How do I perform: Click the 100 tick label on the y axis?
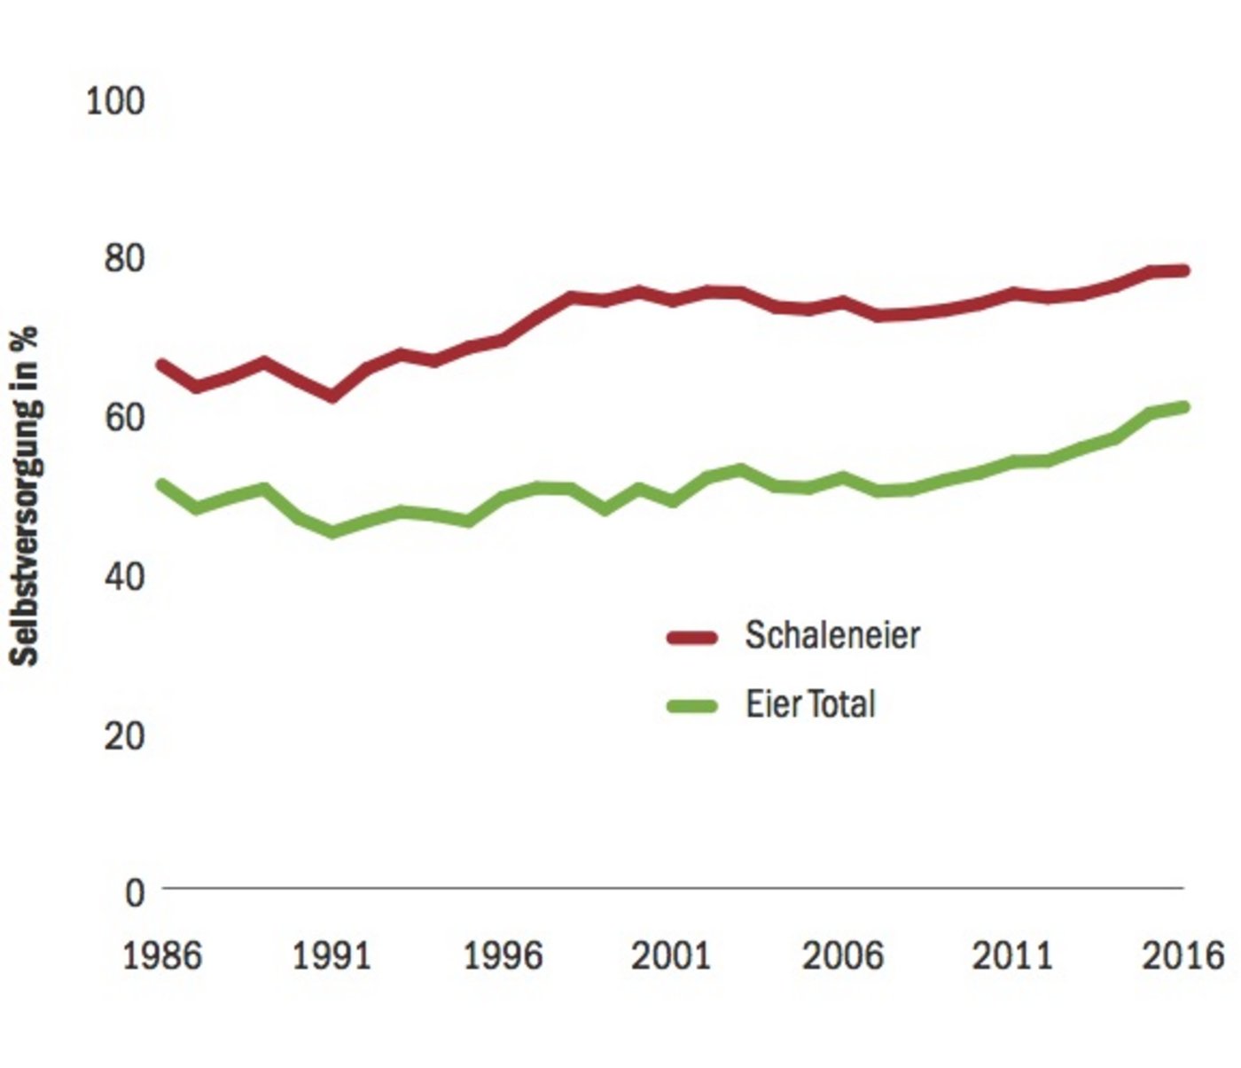[114, 100]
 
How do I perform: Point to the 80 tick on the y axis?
[124, 259]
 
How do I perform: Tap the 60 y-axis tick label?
[124, 417]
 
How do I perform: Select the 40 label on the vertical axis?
[124, 577]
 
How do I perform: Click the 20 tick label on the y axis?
[124, 735]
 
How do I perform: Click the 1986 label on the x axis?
[162, 956]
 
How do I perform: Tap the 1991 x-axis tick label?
[332, 956]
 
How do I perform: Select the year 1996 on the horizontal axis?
[503, 956]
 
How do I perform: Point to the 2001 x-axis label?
[672, 956]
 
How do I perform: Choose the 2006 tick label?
[842, 956]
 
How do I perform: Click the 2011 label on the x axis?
[1012, 956]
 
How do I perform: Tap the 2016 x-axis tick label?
[1182, 956]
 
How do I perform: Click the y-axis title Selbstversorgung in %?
[26, 497]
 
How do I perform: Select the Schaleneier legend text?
[832, 635]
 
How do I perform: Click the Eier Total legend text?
[810, 704]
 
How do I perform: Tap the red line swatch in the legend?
[691, 637]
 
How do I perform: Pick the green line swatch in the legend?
[691, 706]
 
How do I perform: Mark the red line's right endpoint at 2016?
[1183, 271]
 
